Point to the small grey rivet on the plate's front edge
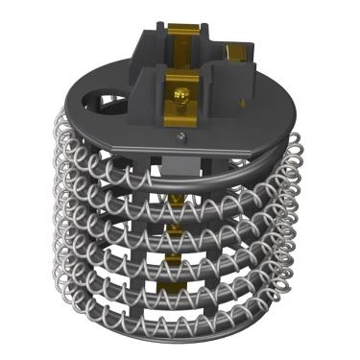[x=179, y=136]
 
